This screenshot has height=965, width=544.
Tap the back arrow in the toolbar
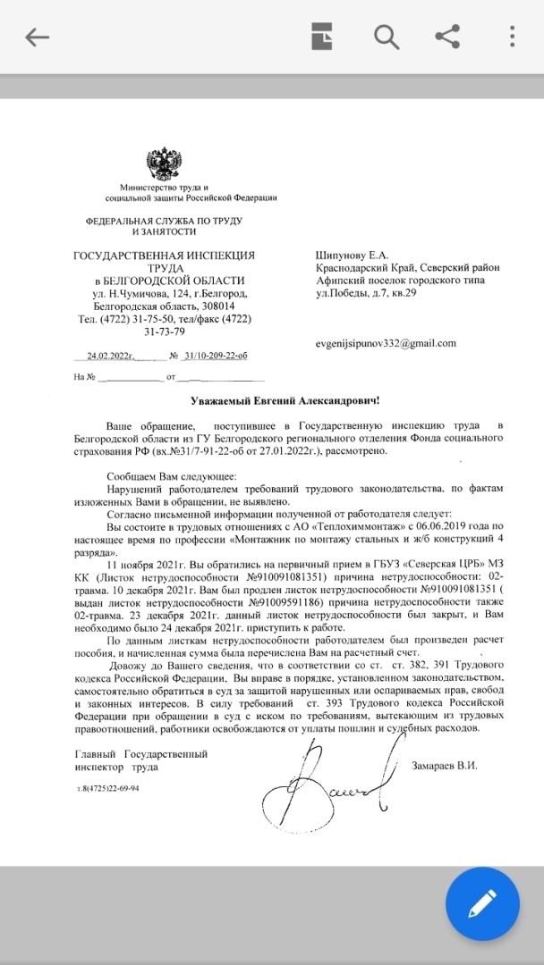tap(37, 37)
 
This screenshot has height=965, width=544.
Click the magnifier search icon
tap(386, 37)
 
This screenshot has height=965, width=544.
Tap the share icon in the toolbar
tap(447, 37)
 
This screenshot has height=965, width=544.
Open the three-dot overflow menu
tap(512, 37)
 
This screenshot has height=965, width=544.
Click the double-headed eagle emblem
tap(165, 166)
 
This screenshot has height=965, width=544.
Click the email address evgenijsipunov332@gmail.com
tap(386, 343)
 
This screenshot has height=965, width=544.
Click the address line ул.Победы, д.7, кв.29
tap(367, 293)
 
